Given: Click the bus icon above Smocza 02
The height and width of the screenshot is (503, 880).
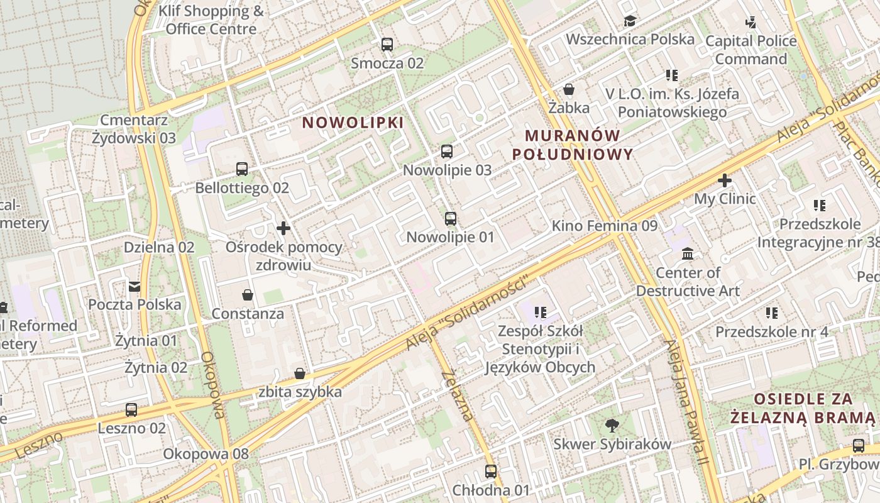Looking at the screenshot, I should [387, 45].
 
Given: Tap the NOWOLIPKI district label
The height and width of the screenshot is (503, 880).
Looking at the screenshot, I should [353, 123].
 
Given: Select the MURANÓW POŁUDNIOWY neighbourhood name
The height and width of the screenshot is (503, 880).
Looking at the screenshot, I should [572, 145].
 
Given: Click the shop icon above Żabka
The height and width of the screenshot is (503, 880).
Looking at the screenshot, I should [569, 89].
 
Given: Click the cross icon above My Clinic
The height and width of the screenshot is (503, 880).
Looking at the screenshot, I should [725, 181].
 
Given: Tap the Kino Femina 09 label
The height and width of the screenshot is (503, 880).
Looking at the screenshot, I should [604, 226].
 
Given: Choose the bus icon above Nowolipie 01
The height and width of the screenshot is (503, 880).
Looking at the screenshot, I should [451, 219].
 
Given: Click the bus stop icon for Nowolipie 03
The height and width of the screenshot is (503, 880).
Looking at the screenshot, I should [447, 152].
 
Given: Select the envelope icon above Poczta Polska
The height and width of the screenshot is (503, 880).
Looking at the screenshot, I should [135, 287].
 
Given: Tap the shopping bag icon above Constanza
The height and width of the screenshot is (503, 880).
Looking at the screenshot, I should [248, 295].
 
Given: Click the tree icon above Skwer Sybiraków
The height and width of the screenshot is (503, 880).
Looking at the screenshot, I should [612, 426].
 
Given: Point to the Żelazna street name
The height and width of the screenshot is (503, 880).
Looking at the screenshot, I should [457, 395].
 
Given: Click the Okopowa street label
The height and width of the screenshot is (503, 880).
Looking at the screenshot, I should [212, 384].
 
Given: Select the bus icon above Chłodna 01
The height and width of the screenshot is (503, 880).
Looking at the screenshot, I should [491, 472].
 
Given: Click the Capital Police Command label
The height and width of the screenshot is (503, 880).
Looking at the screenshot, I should [751, 50].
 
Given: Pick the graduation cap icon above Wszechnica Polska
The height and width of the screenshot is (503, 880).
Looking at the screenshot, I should [630, 21].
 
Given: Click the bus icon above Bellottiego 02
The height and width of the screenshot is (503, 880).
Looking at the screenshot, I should [242, 169].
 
